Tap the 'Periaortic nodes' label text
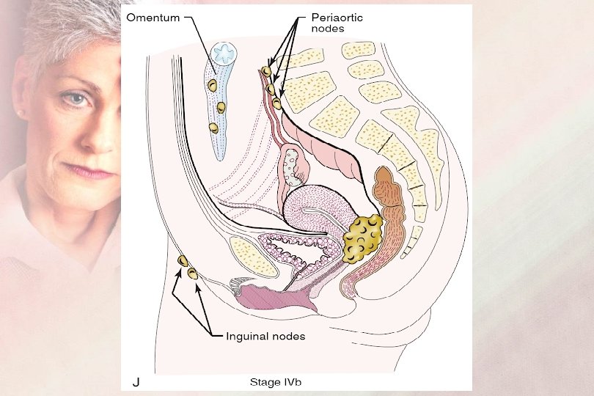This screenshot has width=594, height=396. pyautogui.click(x=325, y=21)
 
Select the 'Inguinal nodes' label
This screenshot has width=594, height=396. pyautogui.click(x=266, y=336)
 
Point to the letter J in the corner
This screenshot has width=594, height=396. pyautogui.click(x=136, y=382)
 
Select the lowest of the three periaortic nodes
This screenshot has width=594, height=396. pyautogui.click(x=276, y=103)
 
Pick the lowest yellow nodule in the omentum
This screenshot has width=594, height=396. pyautogui.click(x=213, y=128)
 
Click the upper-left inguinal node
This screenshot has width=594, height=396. pyautogui.click(x=183, y=261)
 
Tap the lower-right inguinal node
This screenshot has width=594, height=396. pyautogui.click(x=193, y=274)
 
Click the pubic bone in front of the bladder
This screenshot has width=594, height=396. pyautogui.click(x=252, y=255)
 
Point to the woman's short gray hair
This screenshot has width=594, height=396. pyautogui.click(x=66, y=29)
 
